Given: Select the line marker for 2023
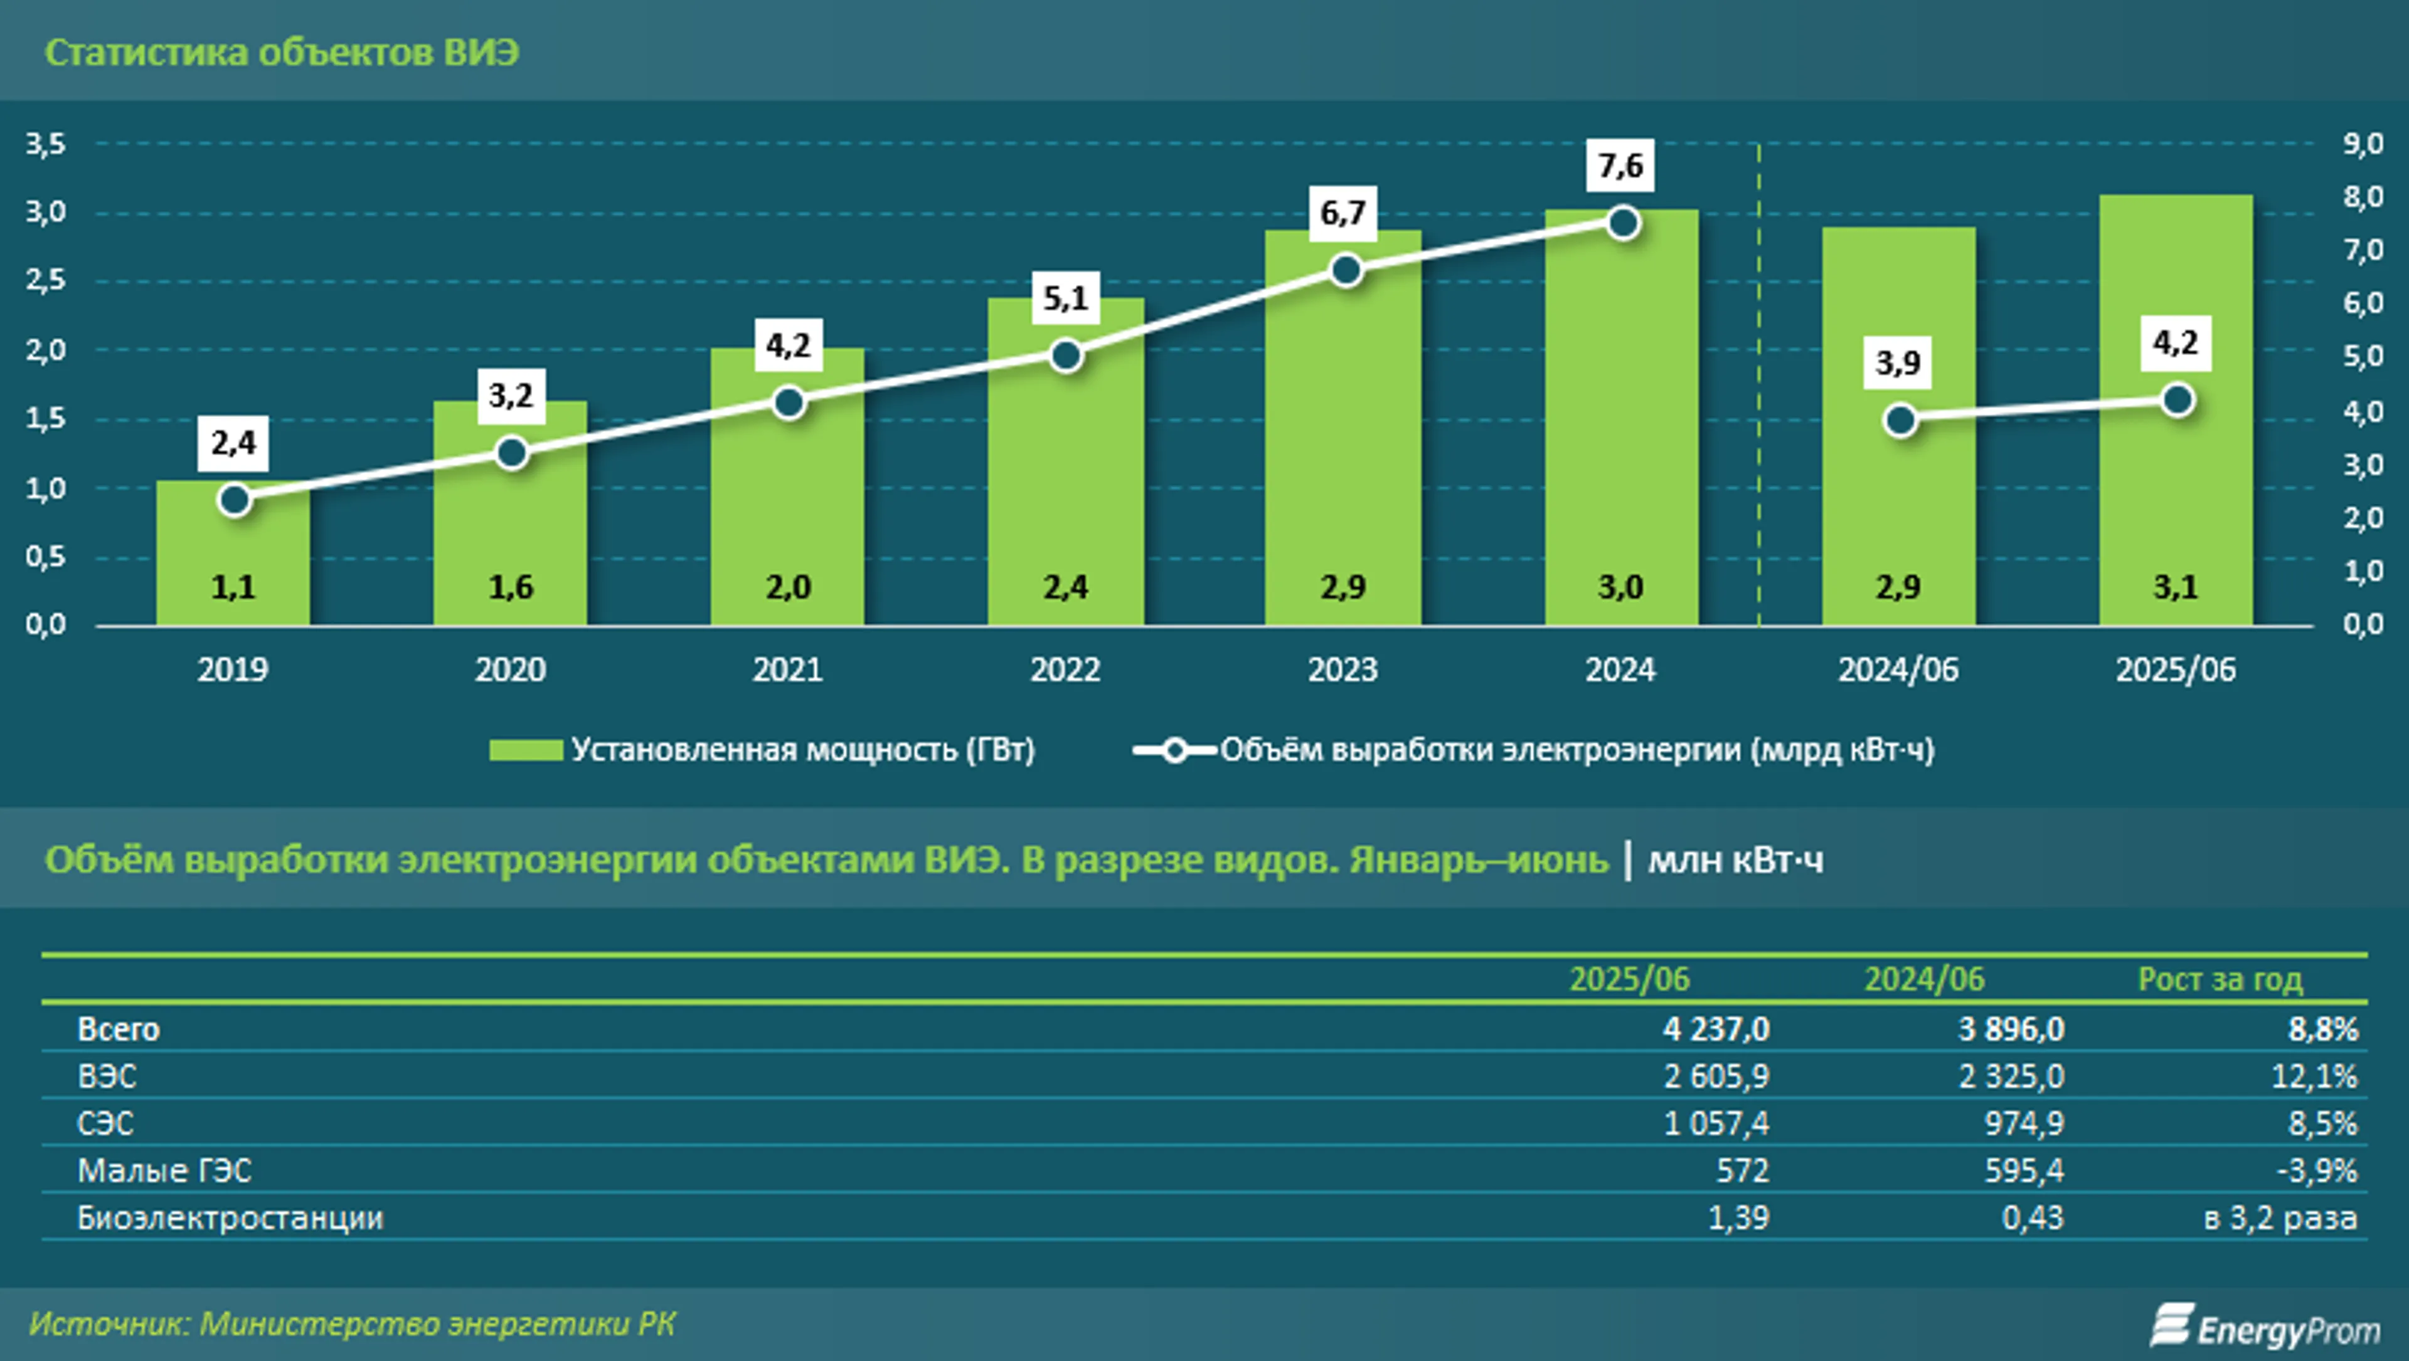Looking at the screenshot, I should [x=1346, y=271].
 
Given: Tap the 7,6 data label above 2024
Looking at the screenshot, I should [x=1620, y=166].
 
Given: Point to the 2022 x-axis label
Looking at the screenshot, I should [x=1065, y=670].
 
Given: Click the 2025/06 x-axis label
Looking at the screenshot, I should [x=2175, y=670].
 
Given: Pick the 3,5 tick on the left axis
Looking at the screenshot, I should [x=45, y=144].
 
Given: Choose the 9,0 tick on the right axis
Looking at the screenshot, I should [x=2362, y=144].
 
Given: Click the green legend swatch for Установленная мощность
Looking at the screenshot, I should [x=526, y=750].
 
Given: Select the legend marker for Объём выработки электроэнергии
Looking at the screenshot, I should [x=1174, y=750].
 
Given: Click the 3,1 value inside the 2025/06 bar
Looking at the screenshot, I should [x=2175, y=587].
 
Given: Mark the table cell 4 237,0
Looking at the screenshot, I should [x=1716, y=1029].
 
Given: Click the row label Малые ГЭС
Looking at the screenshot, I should [x=164, y=1170].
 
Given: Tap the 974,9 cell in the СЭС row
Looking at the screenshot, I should [x=2024, y=1123].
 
